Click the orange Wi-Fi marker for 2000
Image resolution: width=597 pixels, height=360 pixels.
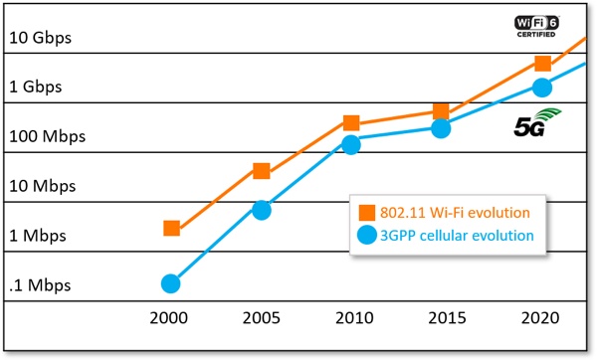coord(172,229)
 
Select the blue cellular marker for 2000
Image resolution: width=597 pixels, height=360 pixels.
coord(170,283)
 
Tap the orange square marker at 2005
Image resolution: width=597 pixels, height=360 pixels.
coord(262,171)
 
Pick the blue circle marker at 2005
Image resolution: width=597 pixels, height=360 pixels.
coord(262,211)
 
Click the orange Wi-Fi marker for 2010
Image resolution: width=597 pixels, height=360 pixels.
coord(351,123)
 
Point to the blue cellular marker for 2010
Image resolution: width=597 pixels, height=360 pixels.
coord(351,145)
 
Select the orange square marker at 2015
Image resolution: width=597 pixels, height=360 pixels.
coord(441,111)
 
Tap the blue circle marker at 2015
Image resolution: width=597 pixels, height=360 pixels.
coord(441,128)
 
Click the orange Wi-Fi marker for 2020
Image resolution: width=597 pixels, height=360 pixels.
coord(543,64)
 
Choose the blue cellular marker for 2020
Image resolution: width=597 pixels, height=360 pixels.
coord(542,88)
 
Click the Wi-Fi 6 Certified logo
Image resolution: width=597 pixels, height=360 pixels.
coord(536,26)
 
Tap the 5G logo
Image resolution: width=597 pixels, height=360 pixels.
coord(537,122)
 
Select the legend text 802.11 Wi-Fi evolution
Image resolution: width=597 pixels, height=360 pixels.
coord(455,213)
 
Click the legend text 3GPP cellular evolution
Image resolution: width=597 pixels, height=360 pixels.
coord(457,236)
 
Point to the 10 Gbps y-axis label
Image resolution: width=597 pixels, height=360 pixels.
coord(41,38)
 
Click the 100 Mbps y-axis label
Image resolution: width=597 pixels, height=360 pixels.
coord(47,136)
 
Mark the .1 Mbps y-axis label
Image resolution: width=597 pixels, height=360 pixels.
coord(40,285)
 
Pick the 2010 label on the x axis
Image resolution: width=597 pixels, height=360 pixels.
coord(354,318)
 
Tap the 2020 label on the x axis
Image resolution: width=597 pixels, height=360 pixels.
coord(540,318)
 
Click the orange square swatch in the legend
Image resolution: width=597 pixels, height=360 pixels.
coord(367,213)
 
